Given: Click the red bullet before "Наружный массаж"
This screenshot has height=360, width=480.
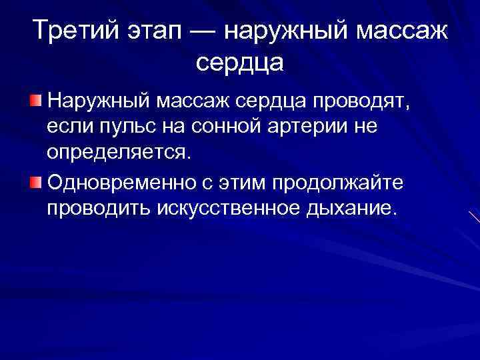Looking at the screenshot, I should tap(36, 101).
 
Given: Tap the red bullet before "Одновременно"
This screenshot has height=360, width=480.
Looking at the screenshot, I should tap(36, 181).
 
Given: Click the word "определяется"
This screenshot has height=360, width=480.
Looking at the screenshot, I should tap(119, 153).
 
